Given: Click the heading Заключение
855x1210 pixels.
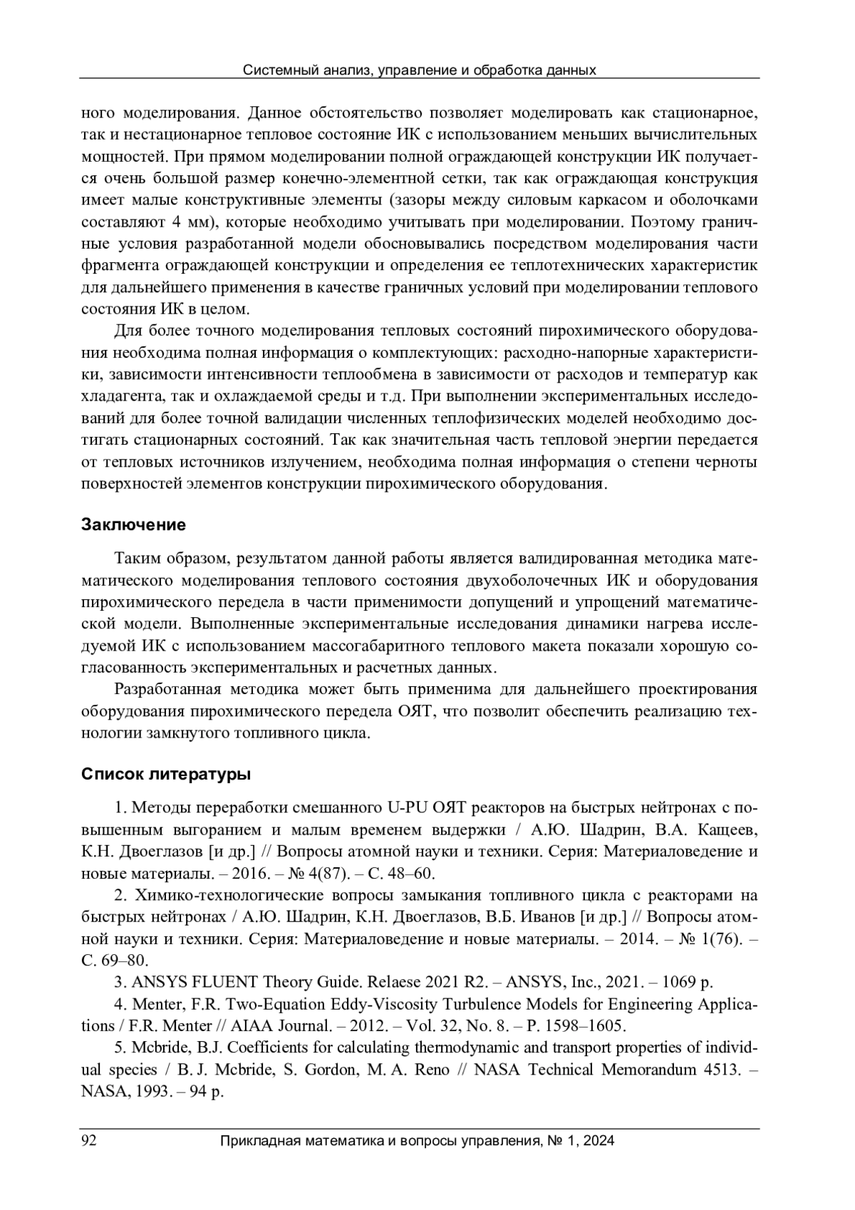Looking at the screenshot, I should pos(133,525).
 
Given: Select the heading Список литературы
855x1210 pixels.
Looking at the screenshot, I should pos(165,774).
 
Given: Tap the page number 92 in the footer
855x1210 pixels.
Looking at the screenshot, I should pos(89,1141).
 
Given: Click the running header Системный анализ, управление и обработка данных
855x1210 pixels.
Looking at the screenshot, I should pos(419,70).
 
